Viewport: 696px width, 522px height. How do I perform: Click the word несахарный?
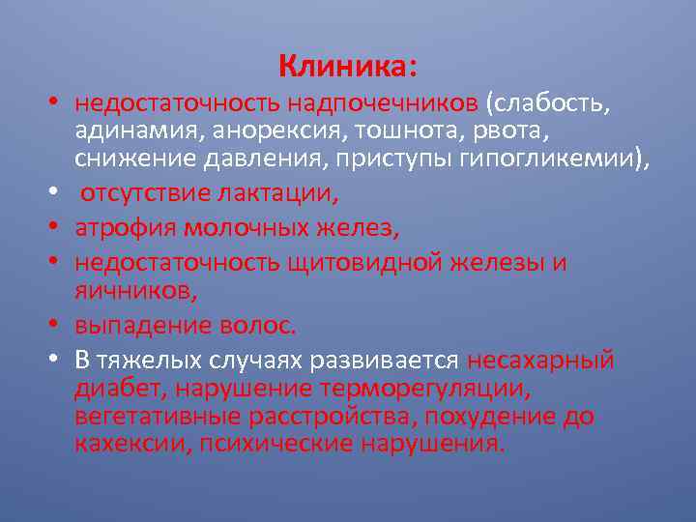pyautogui.click(x=540, y=362)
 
